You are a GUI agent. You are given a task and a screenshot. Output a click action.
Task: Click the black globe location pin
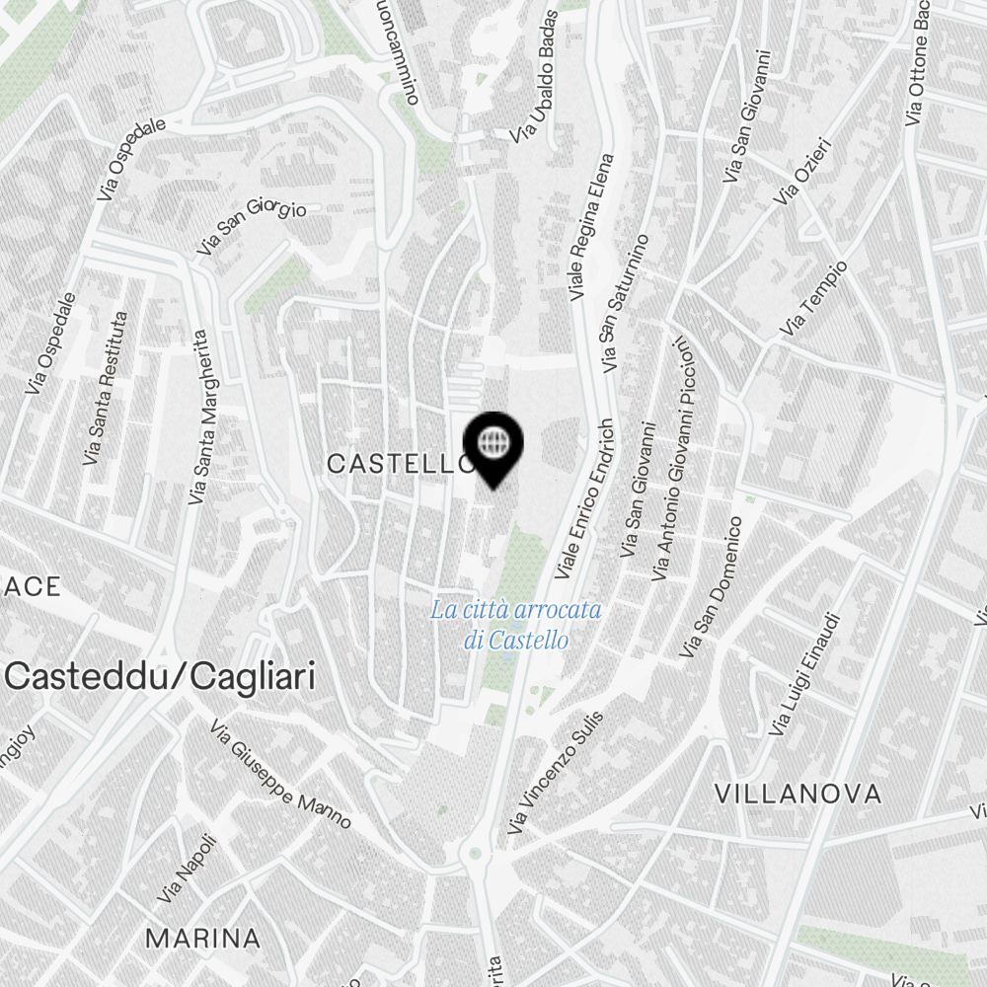[x=493, y=444]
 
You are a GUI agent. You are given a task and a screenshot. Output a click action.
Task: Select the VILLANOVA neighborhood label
[x=797, y=794]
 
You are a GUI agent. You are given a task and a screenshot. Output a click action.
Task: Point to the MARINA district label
[x=203, y=938]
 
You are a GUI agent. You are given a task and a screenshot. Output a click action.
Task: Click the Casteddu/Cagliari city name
[x=161, y=677]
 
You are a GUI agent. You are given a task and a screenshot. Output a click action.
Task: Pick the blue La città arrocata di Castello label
[x=515, y=625]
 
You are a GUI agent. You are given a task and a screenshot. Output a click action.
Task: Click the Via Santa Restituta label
[x=106, y=389]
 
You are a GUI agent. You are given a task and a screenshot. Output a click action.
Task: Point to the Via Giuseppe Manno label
[x=280, y=774]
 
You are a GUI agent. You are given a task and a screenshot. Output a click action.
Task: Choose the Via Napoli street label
[x=187, y=870]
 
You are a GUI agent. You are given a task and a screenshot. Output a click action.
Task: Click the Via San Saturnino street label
[x=626, y=303]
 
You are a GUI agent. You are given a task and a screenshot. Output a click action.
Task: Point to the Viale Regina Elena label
[x=591, y=227]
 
